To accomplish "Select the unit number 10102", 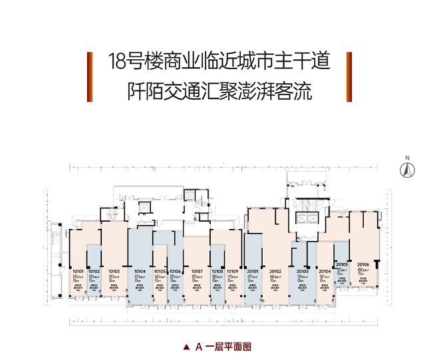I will [94, 271].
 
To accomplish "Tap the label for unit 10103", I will [113, 271].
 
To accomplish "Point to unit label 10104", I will [140, 271].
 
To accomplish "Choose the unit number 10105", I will [160, 271].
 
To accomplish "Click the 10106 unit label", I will [176, 271].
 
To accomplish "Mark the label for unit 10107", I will [197, 271].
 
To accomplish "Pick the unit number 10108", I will [217, 271].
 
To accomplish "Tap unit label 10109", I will [233, 271].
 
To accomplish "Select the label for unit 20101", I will [253, 271].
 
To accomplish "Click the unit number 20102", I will [276, 271].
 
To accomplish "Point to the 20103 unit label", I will [303, 271].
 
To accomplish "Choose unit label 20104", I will [325, 271].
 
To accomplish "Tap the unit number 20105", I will [343, 264].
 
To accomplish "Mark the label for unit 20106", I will [363, 264].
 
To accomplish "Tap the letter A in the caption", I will [198, 347].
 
